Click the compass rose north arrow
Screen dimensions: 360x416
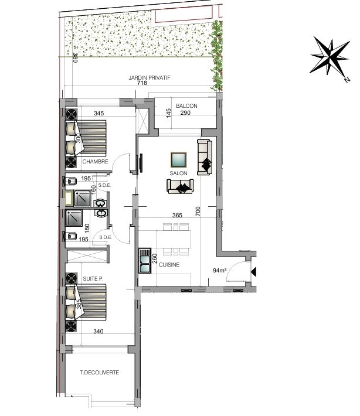330,57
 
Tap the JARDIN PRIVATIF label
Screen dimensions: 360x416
149,78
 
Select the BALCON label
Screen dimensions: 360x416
186,106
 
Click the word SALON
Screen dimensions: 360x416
178,173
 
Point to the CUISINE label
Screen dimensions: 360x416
169,264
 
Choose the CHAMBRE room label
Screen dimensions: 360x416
96,161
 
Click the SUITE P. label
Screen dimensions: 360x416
93,278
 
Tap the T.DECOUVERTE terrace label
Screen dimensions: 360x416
99,373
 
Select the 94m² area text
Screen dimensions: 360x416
220,270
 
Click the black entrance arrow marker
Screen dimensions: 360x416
254,272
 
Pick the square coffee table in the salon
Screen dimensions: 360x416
178,160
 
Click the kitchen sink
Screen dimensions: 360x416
145,261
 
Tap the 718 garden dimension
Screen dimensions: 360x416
142,83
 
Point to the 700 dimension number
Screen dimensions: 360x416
198,212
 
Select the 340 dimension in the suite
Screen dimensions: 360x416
99,331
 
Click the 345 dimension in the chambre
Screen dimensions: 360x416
99,113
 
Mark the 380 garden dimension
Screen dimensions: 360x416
75,57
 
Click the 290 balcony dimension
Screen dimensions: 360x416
185,112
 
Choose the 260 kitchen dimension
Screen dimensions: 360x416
155,258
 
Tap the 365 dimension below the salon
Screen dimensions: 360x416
177,215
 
